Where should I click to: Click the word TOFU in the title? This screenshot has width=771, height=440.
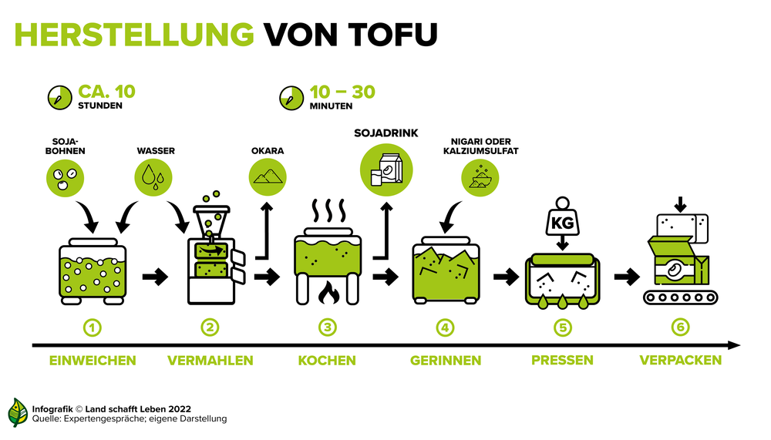coord(393,35)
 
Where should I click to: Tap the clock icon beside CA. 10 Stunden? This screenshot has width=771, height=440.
coord(60,97)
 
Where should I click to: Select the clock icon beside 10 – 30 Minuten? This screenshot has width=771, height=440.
coord(291,98)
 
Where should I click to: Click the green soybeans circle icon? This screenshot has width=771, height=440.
coord(65,178)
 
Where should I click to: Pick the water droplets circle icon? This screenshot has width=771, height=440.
coord(153,177)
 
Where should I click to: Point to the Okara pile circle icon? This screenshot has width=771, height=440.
coord(268,177)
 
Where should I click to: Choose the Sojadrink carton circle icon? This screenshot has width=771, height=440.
coord(386,170)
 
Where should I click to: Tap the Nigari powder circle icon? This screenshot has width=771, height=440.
coord(480,178)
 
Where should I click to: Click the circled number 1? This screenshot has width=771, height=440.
coord(93,327)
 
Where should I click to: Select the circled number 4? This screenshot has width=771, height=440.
coord(445,327)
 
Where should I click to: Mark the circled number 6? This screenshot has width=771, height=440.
coord(681,327)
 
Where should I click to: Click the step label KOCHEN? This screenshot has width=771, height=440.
coord(327,361)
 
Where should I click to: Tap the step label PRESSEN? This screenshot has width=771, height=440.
coord(563,360)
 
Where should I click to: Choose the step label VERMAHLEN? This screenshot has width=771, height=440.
coord(210,361)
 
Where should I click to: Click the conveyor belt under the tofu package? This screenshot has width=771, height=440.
coord(681,297)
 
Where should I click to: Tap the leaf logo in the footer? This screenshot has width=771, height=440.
coord(18,412)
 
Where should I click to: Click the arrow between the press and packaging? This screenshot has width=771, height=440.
coord(627,277)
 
